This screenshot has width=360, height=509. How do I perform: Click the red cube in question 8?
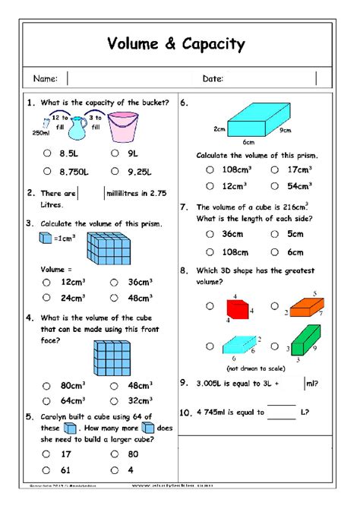point(237,308)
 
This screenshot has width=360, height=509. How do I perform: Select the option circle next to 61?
point(46,469)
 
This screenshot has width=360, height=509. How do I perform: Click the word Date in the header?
point(212,78)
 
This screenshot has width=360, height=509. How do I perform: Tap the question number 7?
point(184,206)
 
